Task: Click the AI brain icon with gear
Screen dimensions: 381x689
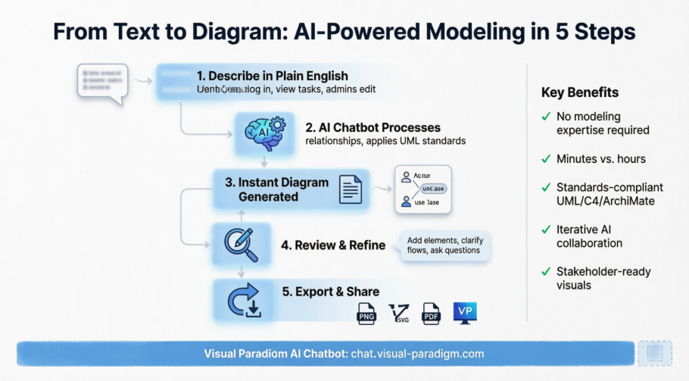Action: [x=264, y=133]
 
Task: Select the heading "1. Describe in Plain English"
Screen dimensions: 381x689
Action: [x=272, y=76]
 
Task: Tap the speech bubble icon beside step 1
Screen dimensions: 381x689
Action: [x=102, y=82]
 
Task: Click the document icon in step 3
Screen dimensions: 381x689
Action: [x=350, y=189]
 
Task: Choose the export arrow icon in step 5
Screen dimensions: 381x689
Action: [x=245, y=298]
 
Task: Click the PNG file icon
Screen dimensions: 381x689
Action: [x=367, y=313]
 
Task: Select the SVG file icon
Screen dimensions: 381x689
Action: [x=399, y=313]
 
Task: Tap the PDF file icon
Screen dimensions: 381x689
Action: [x=431, y=313]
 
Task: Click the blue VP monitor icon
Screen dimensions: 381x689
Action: [x=465, y=312]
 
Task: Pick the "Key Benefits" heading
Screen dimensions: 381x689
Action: [x=580, y=92]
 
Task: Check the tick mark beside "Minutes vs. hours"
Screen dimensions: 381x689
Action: [x=546, y=159]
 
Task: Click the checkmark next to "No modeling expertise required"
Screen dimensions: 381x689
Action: [x=546, y=117]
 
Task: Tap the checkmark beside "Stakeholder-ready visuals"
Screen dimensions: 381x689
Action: [x=546, y=271]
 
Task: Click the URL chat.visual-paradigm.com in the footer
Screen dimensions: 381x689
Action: [x=417, y=354]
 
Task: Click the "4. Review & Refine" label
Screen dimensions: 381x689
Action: [x=333, y=245]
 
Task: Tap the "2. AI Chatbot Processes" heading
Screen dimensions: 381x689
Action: [x=373, y=127]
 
